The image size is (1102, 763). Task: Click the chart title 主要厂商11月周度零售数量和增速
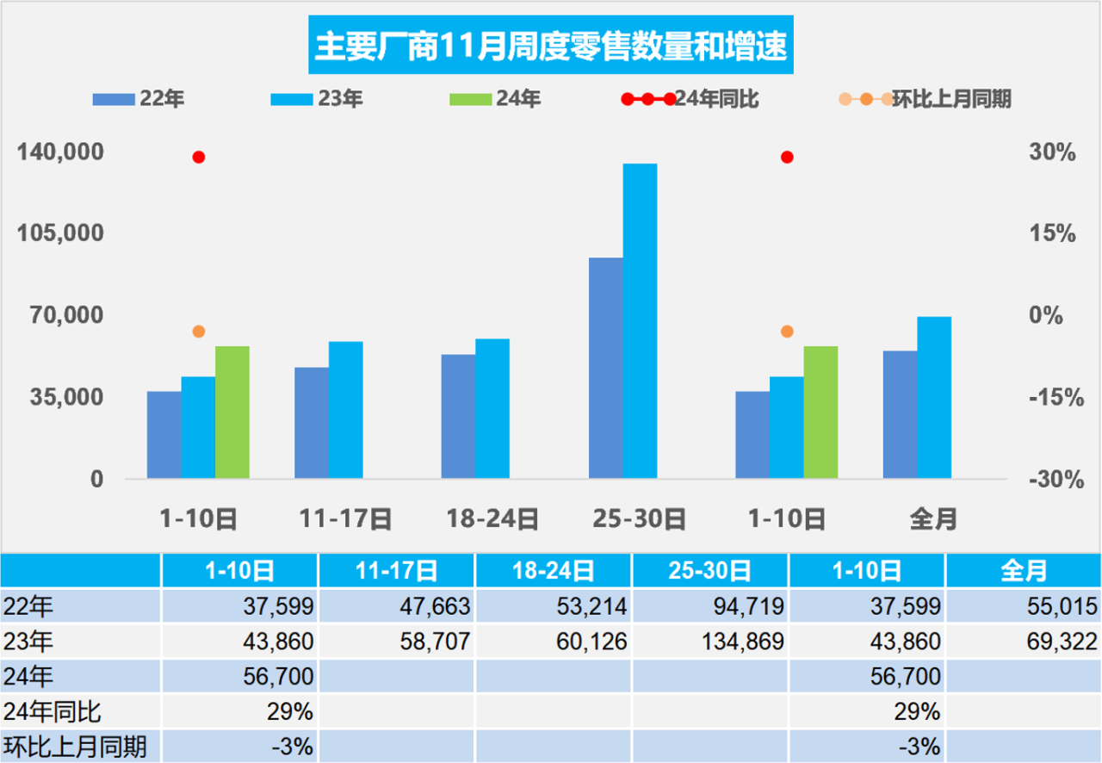coord(550,47)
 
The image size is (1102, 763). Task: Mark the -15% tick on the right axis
coord(1052,397)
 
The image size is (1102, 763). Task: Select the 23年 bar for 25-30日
coord(640,320)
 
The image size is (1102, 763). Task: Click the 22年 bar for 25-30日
coord(606,368)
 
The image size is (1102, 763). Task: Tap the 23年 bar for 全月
coord(934,397)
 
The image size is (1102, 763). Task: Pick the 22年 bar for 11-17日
coord(312,423)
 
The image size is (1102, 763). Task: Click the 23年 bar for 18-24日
coord(492,408)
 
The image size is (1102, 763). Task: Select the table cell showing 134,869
coord(709,642)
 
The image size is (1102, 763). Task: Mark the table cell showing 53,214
coord(553,606)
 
